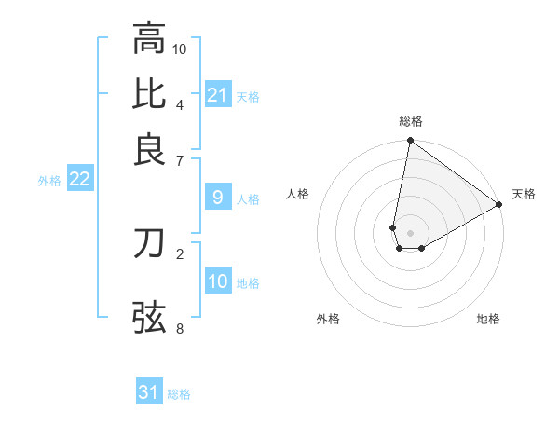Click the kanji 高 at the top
tap(149, 38)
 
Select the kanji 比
tap(149, 94)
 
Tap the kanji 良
tap(149, 149)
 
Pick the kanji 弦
tap(149, 317)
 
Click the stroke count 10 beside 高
tap(180, 48)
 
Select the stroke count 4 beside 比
tap(180, 103)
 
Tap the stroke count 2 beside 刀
tap(180, 253)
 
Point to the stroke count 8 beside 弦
tap(180, 327)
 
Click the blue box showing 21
tap(218, 95)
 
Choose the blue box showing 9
tap(218, 198)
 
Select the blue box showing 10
tap(218, 281)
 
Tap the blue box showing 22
tap(79, 179)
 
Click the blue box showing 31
tap(149, 392)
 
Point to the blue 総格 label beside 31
tap(179, 394)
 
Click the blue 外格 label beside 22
tap(48, 181)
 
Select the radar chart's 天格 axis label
tap(524, 194)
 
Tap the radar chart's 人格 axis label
tap(298, 194)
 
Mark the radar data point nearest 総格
tap(410, 142)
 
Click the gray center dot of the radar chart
tap(410, 232)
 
